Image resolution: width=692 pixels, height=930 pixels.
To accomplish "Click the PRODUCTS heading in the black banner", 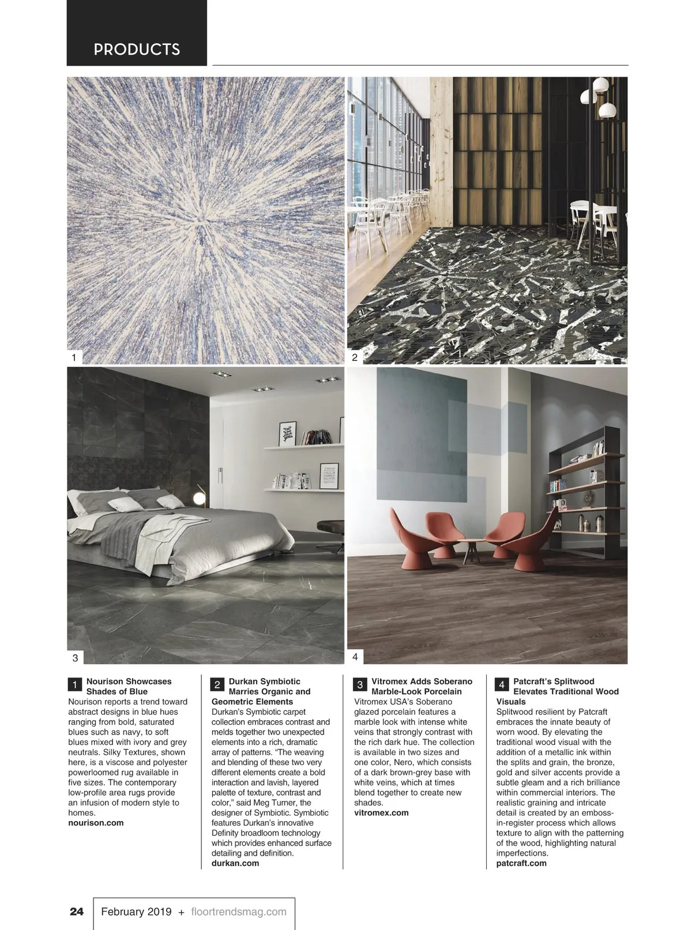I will point(137,50).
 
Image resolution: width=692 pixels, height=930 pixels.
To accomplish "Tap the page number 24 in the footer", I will point(77,912).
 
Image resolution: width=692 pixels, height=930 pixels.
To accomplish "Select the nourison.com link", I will point(96,823).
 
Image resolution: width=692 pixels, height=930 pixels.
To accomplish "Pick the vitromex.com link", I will point(381,812).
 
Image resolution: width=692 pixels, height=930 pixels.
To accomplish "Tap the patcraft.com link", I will point(521,863).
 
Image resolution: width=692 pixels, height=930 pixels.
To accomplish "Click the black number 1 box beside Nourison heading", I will point(75,685).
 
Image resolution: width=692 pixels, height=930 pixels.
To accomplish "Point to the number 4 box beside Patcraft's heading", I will point(502,685).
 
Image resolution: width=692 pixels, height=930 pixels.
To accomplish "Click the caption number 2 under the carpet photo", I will point(355,357).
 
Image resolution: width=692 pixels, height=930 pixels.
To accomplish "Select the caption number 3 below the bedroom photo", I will point(75,657).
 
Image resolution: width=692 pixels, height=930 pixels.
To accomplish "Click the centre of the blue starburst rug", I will point(201,221).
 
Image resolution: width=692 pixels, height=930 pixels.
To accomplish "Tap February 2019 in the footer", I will point(136,912).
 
